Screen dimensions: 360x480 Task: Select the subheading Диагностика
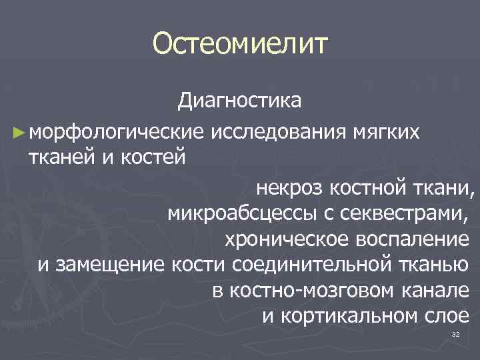coord(239,101)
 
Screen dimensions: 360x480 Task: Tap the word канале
coord(441,290)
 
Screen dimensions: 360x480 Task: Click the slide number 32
coord(455,334)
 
